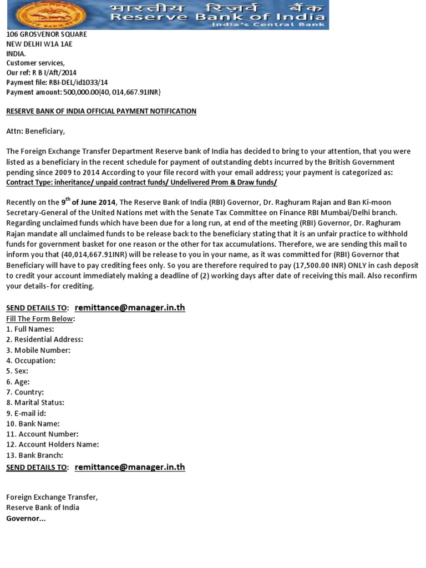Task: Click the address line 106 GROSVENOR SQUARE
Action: tap(47, 34)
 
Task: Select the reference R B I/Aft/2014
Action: tap(54, 73)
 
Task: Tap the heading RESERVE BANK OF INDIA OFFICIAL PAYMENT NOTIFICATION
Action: tap(101, 111)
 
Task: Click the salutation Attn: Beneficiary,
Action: tap(35, 131)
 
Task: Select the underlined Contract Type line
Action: tap(141, 182)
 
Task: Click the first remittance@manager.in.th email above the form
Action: tap(130, 307)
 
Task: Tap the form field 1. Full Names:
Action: tap(30, 329)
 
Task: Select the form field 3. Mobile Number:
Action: tap(38, 350)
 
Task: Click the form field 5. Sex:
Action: tap(17, 371)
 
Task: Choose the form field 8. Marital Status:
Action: tap(35, 403)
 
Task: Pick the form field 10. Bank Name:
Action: tap(33, 424)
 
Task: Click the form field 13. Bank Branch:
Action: tap(34, 455)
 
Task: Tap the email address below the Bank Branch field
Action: tap(130, 467)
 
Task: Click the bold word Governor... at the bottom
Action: tap(26, 519)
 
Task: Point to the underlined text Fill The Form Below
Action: tap(39, 319)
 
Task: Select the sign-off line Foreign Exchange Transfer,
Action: tap(52, 498)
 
